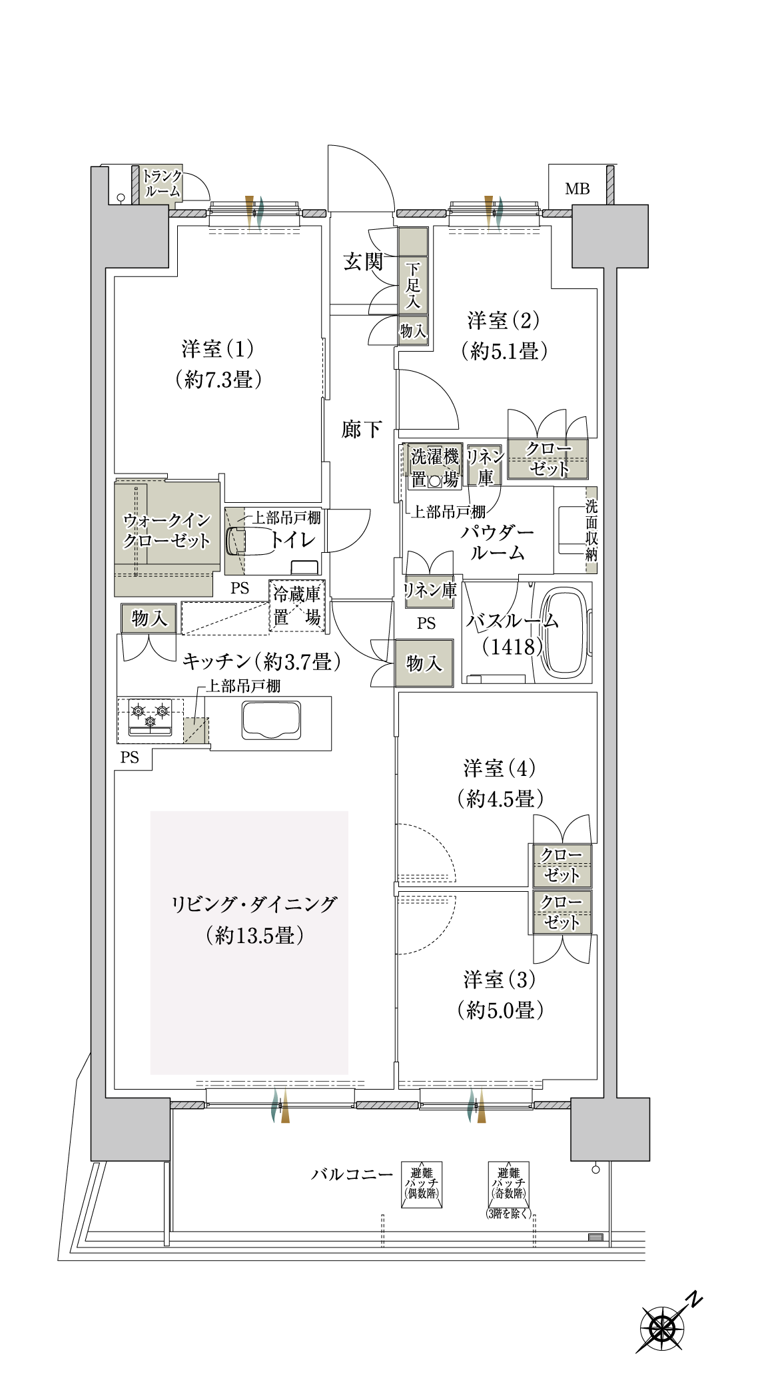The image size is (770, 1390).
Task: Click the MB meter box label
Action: (x=577, y=188)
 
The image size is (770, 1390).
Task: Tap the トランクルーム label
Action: (x=163, y=183)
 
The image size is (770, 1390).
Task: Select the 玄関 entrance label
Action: (x=363, y=262)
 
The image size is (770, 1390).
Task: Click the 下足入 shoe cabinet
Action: (x=413, y=286)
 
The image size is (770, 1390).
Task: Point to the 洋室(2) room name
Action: (x=504, y=321)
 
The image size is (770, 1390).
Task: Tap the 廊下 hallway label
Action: (x=362, y=429)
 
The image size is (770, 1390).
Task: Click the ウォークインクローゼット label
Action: (x=167, y=530)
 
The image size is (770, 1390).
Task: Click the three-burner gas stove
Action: (x=150, y=717)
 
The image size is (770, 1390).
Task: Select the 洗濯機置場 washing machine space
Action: (x=434, y=468)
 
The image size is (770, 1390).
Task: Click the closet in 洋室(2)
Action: (x=548, y=459)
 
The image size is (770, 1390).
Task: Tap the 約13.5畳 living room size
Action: (x=255, y=936)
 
